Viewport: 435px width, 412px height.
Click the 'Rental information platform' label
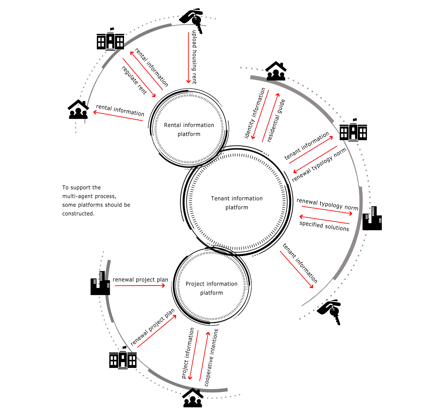coord(189,129)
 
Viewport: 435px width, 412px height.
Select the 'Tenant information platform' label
coord(237,203)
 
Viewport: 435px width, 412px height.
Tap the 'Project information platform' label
coord(212,288)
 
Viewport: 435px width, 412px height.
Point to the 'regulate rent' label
coord(134,80)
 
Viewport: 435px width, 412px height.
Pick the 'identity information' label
coord(255,113)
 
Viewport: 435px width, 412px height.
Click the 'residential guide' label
coord(276,120)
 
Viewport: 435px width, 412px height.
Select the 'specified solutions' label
coord(324,226)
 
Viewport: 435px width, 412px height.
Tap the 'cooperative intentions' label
coord(211,358)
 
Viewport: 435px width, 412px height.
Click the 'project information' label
coord(188,353)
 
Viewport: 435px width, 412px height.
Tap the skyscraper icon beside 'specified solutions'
coord(372,218)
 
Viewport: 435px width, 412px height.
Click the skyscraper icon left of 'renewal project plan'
coord(100,283)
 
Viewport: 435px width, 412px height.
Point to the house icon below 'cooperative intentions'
coord(193,398)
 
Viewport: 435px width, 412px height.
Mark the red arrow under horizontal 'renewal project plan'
coord(140,285)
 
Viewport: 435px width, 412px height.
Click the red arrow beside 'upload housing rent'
coord(188,58)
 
